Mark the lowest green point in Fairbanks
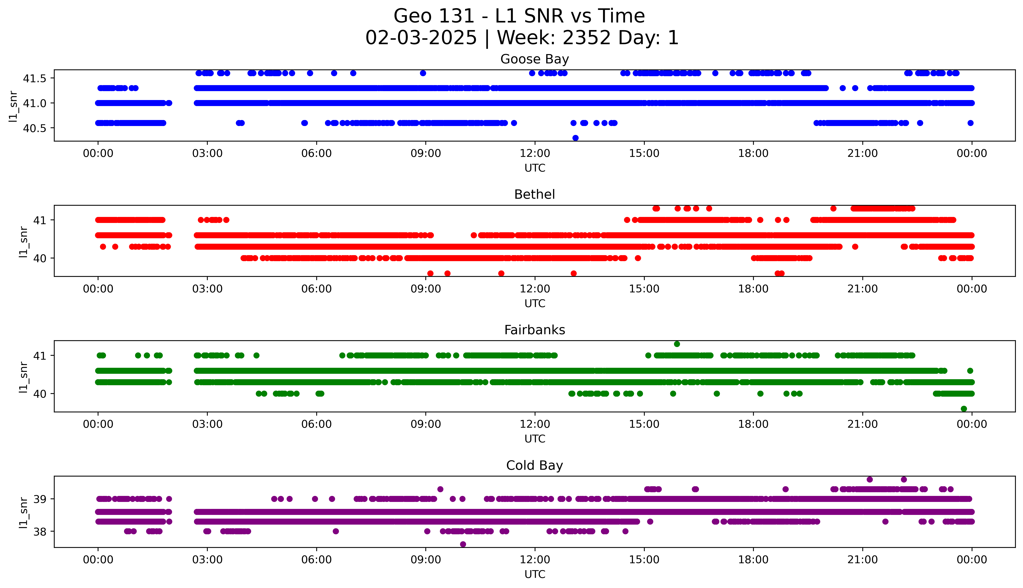[964, 409]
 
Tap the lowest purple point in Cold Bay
[463, 544]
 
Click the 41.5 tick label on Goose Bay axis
[35, 78]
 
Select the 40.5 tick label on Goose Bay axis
[35, 128]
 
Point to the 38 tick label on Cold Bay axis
[40, 531]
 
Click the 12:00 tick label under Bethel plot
[535, 289]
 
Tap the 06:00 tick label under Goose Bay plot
[316, 154]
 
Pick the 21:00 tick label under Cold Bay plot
[862, 560]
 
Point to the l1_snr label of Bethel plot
[23, 242]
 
